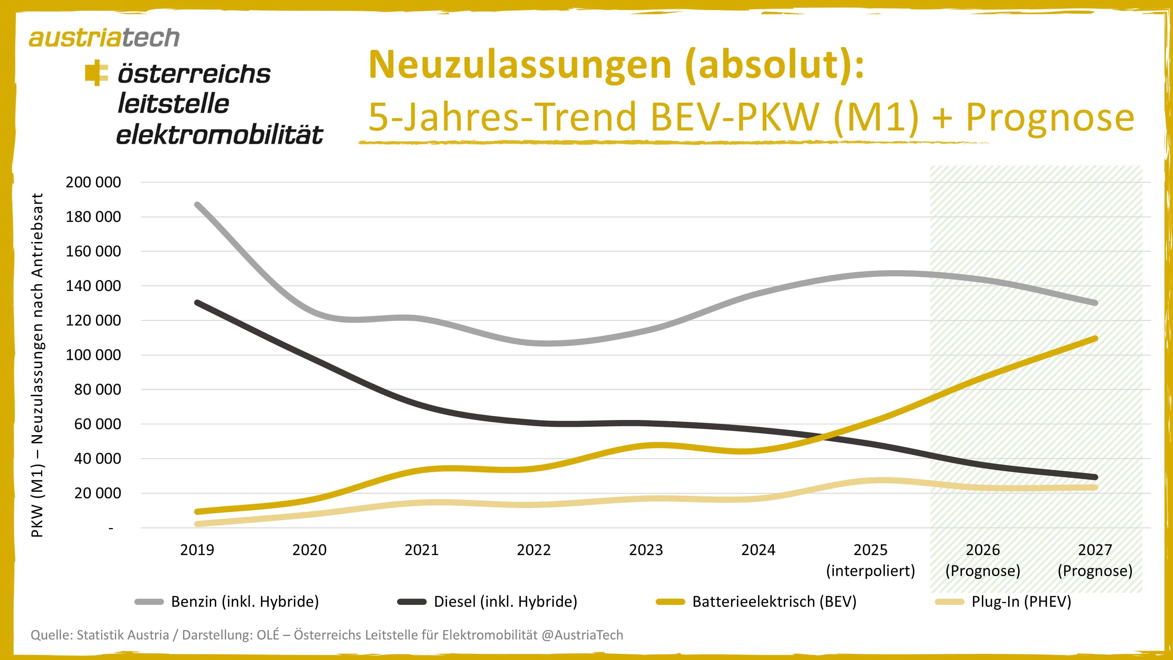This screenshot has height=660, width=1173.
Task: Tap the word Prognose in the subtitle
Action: tap(1050, 117)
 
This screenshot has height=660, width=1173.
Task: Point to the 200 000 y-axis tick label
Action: tap(93, 182)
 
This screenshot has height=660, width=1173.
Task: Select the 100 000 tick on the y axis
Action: tap(93, 355)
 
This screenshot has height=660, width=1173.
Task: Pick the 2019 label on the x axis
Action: tap(197, 550)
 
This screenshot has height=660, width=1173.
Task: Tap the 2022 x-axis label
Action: tap(534, 550)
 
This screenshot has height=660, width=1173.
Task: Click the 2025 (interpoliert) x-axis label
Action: tap(870, 560)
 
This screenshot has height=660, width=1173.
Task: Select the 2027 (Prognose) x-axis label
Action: tap(1095, 560)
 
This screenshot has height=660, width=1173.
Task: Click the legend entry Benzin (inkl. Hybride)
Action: tap(245, 602)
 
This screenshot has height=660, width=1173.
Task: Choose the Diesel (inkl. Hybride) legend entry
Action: tap(506, 602)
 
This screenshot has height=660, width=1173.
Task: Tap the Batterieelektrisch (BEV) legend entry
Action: tap(774, 602)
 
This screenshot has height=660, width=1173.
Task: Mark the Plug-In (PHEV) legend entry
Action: tap(1021, 602)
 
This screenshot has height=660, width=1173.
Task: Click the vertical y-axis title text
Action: tap(37, 364)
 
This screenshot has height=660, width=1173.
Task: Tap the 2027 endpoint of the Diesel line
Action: tap(1095, 477)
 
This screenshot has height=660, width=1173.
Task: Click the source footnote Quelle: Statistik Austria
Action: tap(326, 635)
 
